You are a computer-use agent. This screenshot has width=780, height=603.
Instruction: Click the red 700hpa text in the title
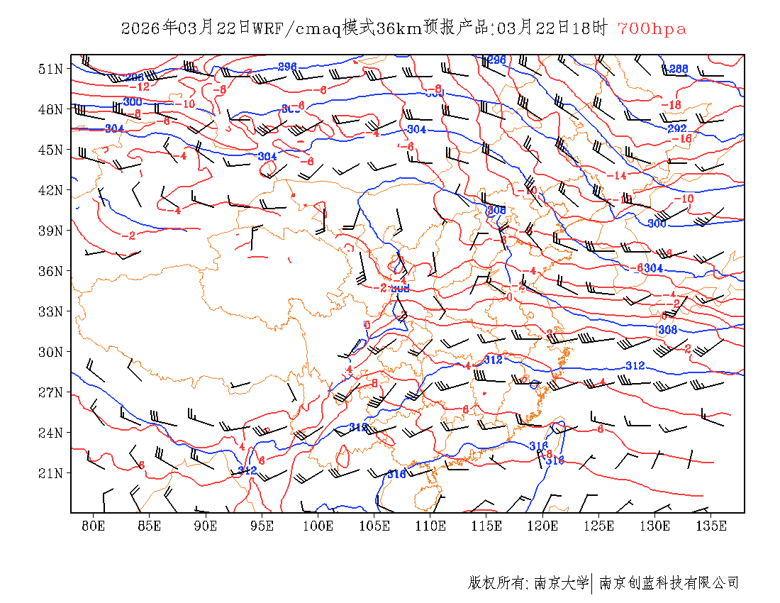coord(652,29)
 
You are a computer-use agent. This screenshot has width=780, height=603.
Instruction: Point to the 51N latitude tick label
coord(51,69)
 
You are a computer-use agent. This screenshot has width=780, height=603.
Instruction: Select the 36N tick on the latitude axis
coord(51,271)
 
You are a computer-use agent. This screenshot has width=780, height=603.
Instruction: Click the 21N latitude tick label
coord(51,473)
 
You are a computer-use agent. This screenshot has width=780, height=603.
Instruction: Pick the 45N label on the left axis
coord(51,150)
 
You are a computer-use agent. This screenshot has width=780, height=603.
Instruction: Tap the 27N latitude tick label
coord(51,392)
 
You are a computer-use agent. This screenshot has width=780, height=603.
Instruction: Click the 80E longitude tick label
coord(94,526)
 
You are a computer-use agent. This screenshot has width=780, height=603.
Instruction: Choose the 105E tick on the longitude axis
coord(374,526)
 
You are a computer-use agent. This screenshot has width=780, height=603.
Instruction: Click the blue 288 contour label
coord(679,69)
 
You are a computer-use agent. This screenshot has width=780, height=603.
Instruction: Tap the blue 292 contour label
coord(677,129)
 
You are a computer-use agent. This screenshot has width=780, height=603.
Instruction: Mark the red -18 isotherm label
coord(671,105)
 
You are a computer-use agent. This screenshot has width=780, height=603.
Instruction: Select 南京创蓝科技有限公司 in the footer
coord(669,583)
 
